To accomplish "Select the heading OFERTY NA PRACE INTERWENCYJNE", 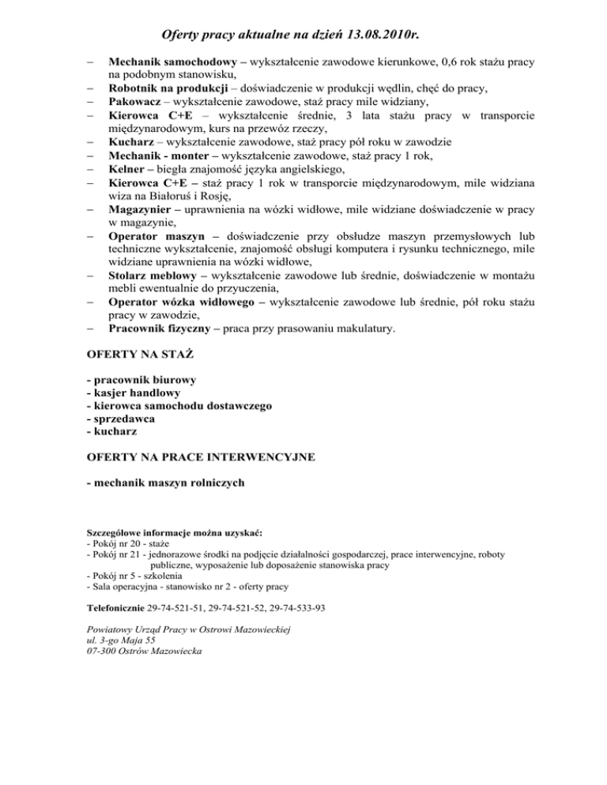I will (x=200, y=456).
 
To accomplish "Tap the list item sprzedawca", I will (x=120, y=419).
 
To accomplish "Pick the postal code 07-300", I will (x=104, y=652).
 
